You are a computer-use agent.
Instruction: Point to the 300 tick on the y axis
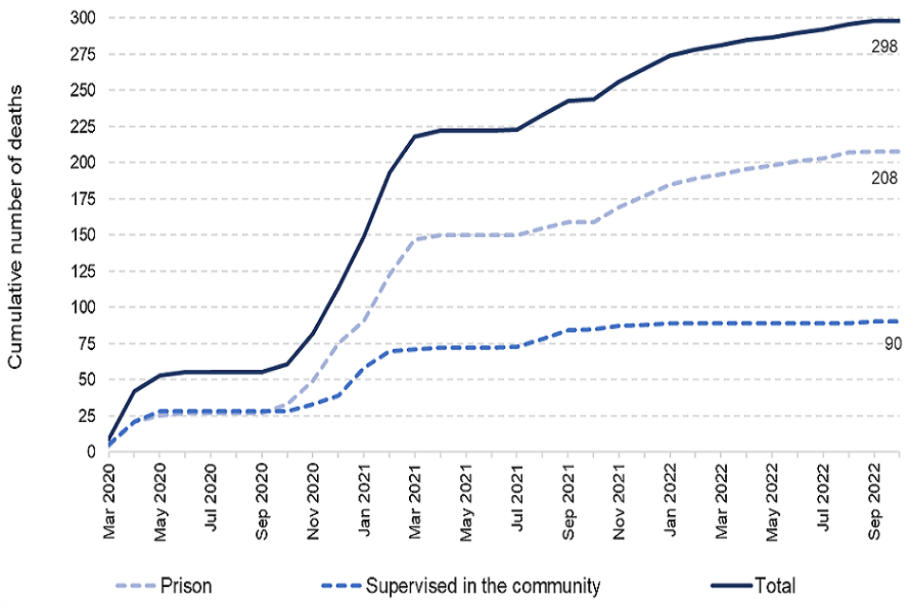(x=83, y=18)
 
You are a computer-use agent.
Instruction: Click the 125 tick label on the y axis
(x=83, y=270)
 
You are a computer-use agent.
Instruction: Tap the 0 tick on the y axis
(x=91, y=451)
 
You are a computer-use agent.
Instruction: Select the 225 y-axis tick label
(x=83, y=126)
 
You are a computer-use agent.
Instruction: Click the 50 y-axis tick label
(x=86, y=379)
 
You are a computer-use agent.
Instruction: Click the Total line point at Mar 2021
(x=416, y=137)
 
